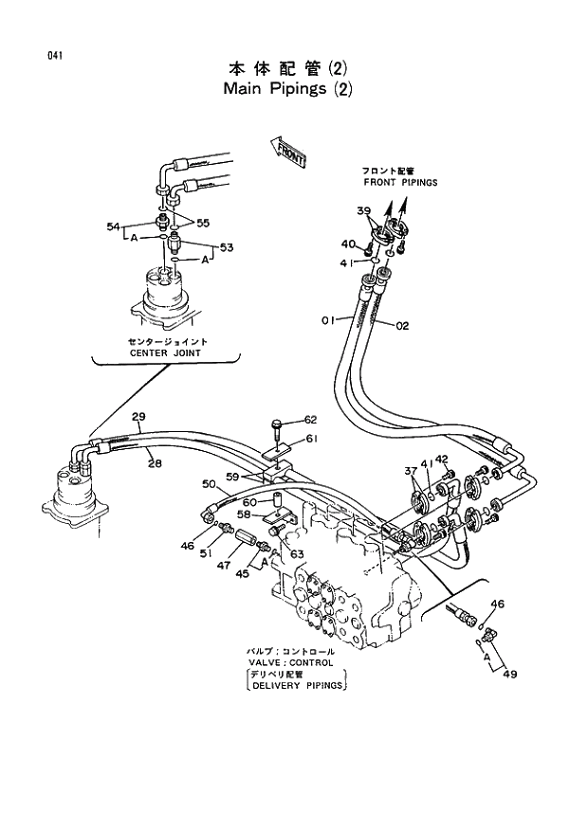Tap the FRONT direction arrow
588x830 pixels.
pyautogui.click(x=288, y=151)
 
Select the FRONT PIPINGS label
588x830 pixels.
pyautogui.click(x=399, y=182)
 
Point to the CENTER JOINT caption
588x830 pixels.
pyautogui.click(x=167, y=352)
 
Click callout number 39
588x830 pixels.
pyautogui.click(x=364, y=210)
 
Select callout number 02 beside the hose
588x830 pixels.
pyautogui.click(x=402, y=326)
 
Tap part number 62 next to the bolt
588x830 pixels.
pyautogui.click(x=311, y=419)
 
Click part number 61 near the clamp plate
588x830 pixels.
pyautogui.click(x=311, y=438)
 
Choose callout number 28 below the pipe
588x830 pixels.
pyautogui.click(x=155, y=462)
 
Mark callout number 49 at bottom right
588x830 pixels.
pyautogui.click(x=511, y=675)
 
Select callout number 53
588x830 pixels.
pyautogui.click(x=227, y=247)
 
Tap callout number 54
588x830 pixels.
pyautogui.click(x=112, y=226)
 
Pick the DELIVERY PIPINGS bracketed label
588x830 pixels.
pyautogui.click(x=297, y=686)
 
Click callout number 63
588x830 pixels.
pyautogui.click(x=297, y=554)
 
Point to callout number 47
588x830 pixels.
pyautogui.click(x=224, y=566)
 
